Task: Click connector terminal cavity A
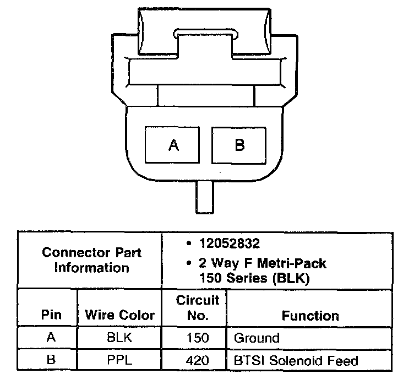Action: point(173,145)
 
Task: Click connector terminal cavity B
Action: point(240,145)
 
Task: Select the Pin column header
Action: point(51,316)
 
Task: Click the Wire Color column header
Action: point(119,316)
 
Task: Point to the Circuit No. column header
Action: point(198,308)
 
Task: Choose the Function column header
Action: point(310,316)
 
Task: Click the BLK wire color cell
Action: point(119,338)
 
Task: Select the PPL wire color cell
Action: point(119,361)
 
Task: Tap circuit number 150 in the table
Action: point(198,338)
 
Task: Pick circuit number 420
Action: point(198,361)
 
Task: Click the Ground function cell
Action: point(257,338)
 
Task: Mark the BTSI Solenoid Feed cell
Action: point(296,361)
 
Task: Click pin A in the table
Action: point(51,338)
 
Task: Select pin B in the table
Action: point(51,361)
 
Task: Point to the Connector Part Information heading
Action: point(92,261)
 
